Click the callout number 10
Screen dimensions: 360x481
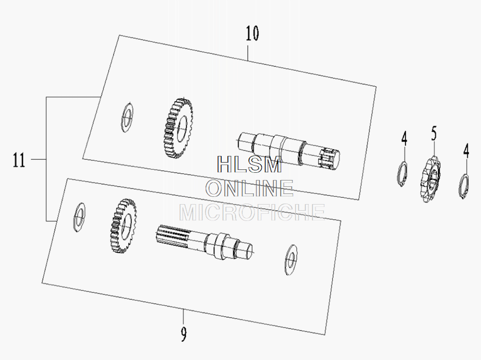point(252,34)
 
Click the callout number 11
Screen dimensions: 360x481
point(19,159)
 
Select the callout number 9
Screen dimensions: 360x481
point(184,334)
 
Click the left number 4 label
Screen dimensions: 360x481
point(404,139)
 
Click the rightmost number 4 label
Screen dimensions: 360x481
point(466,151)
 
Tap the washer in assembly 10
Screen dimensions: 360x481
point(127,116)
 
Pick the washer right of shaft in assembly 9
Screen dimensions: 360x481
point(291,260)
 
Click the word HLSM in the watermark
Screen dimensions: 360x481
point(249,164)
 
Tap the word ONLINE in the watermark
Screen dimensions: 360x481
point(250,188)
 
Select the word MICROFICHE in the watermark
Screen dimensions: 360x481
point(252,211)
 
